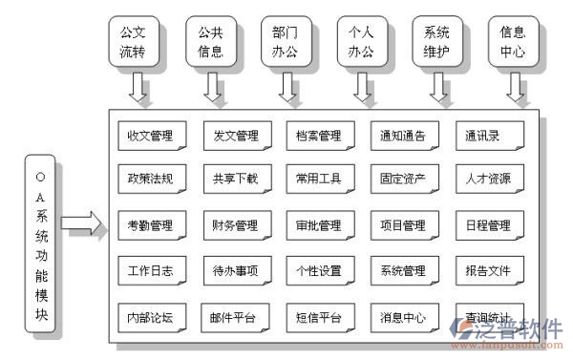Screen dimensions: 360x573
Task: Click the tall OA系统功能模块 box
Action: point(39,245)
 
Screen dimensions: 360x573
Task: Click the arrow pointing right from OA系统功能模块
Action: point(81,225)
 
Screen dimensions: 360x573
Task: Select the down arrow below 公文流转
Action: point(139,87)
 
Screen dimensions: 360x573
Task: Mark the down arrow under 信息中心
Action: point(517,87)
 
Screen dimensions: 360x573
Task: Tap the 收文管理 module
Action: point(150,136)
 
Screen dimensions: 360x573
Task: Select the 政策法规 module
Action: point(150,180)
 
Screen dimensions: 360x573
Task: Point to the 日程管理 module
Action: point(488,226)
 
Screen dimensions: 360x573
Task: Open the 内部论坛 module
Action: point(150,317)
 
